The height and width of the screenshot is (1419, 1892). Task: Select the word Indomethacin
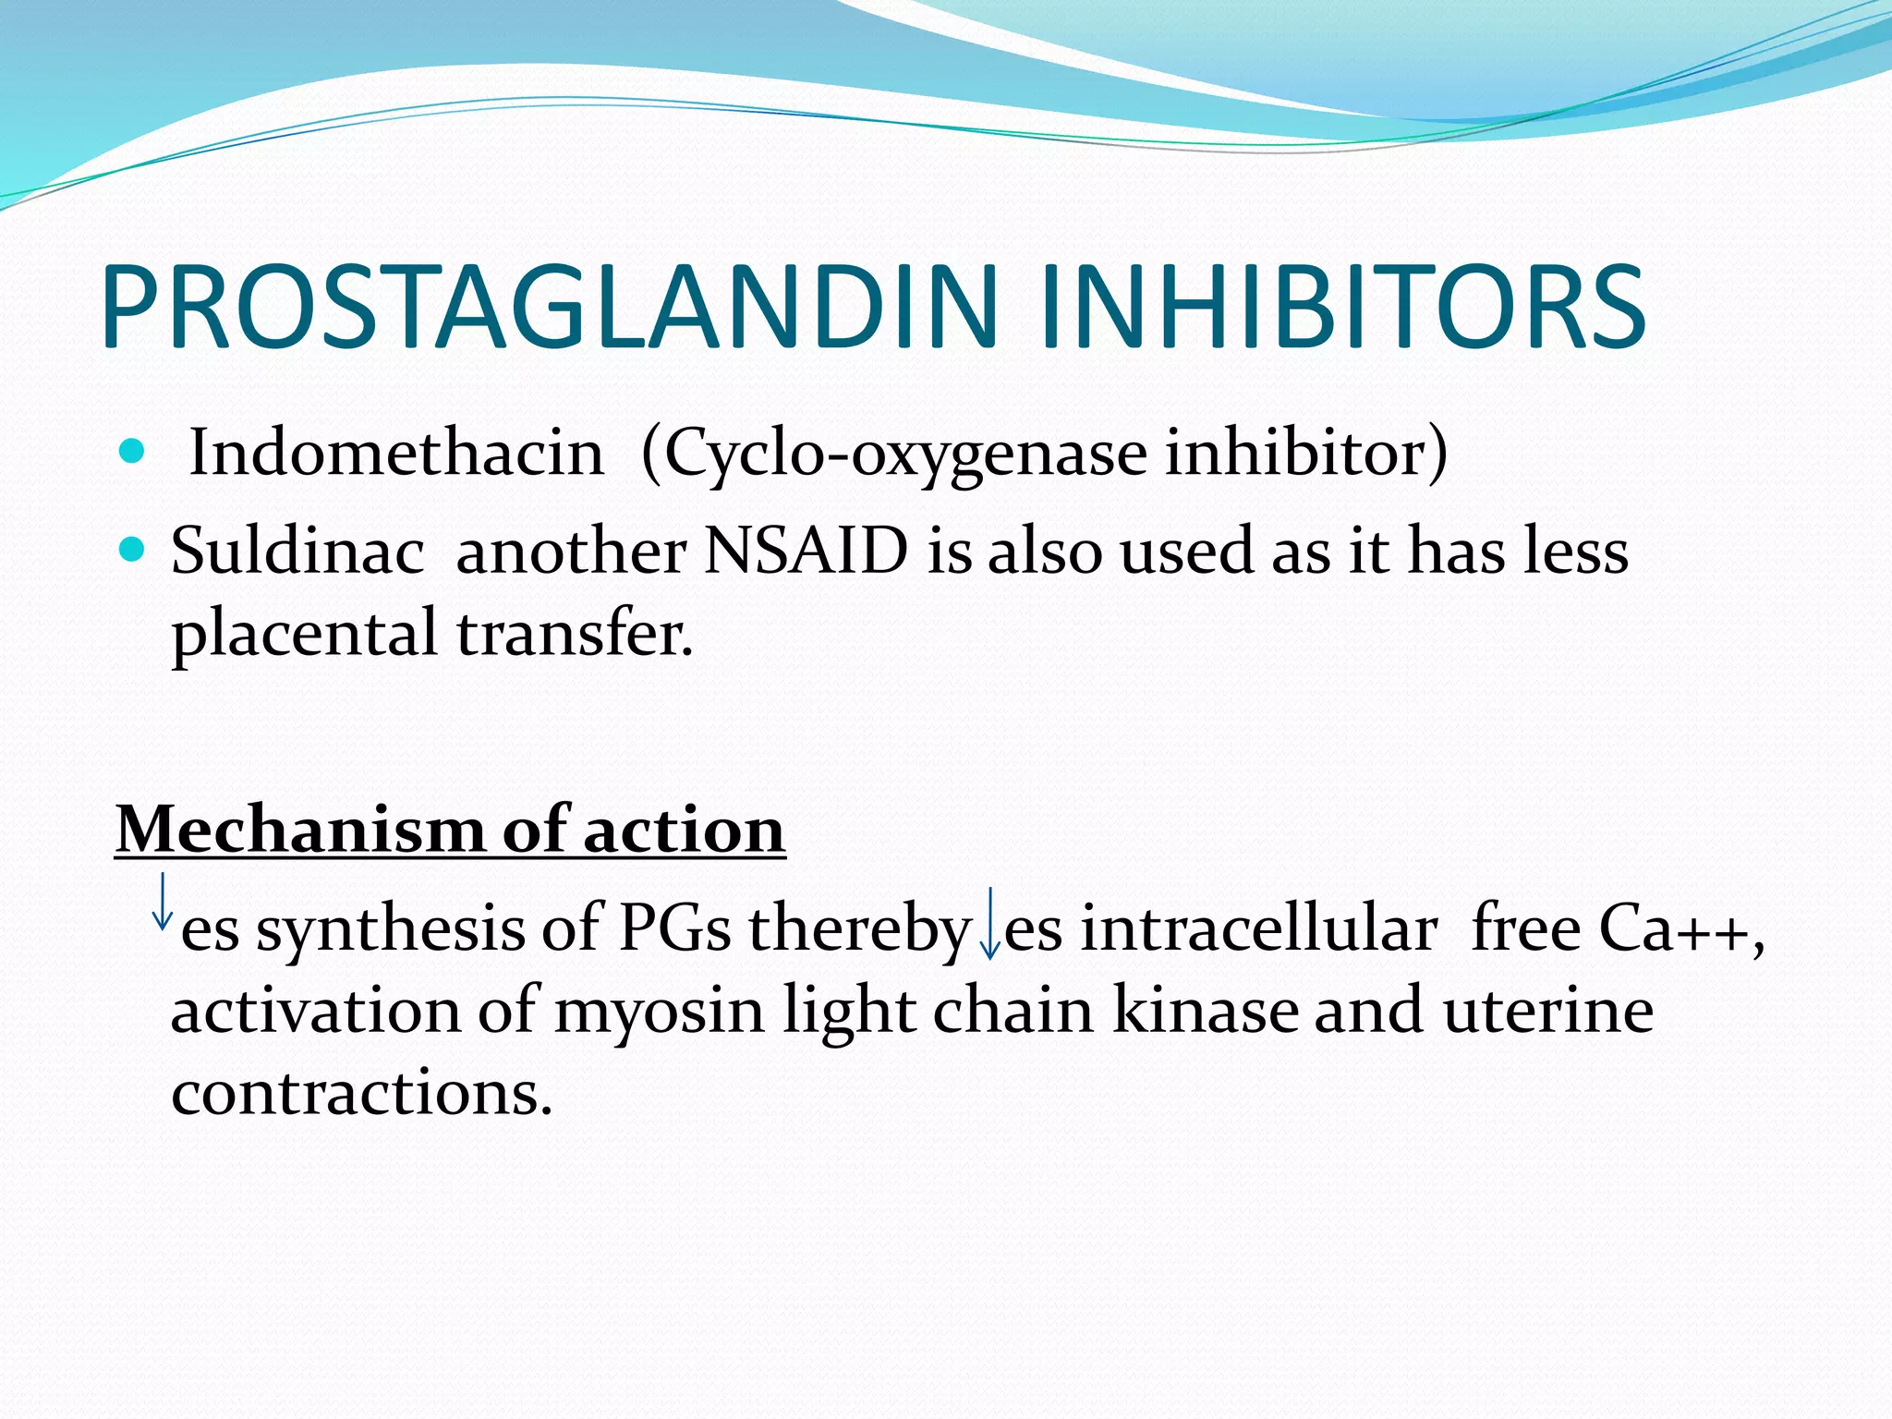(395, 454)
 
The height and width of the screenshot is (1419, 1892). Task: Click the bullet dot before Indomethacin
(133, 452)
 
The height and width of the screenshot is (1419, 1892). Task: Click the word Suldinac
(297, 552)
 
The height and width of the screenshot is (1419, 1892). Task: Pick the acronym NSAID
(806, 552)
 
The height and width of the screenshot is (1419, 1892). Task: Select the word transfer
(574, 634)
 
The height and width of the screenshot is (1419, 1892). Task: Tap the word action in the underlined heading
(685, 829)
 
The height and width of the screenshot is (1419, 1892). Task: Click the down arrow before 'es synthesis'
(163, 901)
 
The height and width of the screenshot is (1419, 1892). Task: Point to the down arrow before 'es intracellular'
(989, 923)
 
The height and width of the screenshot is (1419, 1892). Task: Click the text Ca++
(1679, 928)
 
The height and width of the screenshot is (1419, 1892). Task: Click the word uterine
(1548, 1011)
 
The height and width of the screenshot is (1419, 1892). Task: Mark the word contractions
(361, 1094)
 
